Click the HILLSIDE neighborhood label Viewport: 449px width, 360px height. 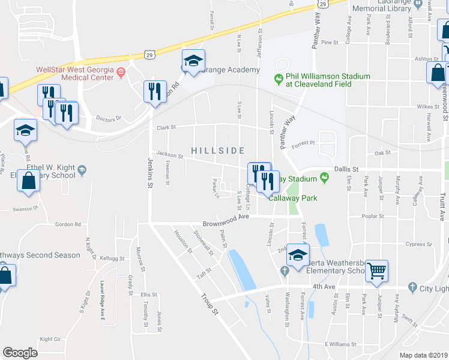pyautogui.click(x=218, y=150)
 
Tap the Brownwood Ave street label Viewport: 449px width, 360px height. pyautogui.click(x=225, y=222)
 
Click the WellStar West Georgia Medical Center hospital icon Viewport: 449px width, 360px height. pyautogui.click(x=121, y=73)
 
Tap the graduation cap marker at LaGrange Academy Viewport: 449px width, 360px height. pyautogui.click(x=193, y=61)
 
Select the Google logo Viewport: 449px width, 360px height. pyautogui.click(x=20, y=353)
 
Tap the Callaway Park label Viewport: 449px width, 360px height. pyautogui.click(x=292, y=198)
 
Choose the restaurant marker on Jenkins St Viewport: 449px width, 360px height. pyautogui.click(x=155, y=92)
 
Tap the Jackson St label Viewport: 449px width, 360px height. pyautogui.click(x=169, y=154)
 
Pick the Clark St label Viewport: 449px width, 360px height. pyautogui.click(x=166, y=127)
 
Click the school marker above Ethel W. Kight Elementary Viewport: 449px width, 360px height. pyautogui.click(x=26, y=131)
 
